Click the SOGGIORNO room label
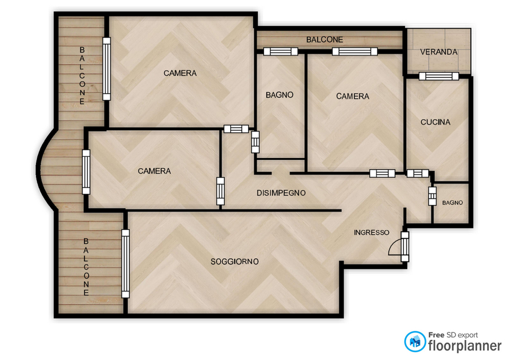pyautogui.click(x=234, y=261)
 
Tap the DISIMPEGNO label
pyautogui.click(x=281, y=193)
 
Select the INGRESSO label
pyautogui.click(x=371, y=232)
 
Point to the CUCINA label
pyautogui.click(x=435, y=122)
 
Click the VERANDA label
pyautogui.click(x=438, y=52)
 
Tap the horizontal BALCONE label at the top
pyautogui.click(x=324, y=40)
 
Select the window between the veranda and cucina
pyautogui.click(x=439, y=76)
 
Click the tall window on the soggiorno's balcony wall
pyautogui.click(x=125, y=264)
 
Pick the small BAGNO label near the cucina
pyautogui.click(x=452, y=203)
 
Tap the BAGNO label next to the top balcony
pyautogui.click(x=279, y=95)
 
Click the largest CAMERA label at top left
pyautogui.click(x=180, y=73)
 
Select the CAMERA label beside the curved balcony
pyautogui.click(x=154, y=171)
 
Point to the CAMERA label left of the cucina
pyautogui.click(x=353, y=96)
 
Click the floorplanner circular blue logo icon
pyautogui.click(x=415, y=341)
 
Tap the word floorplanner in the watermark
pyautogui.click(x=465, y=346)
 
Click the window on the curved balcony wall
pyautogui.click(x=86, y=172)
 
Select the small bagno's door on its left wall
pyautogui.click(x=432, y=196)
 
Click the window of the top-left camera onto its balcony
pyautogui.click(x=107, y=68)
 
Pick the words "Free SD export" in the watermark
pyautogui.click(x=453, y=335)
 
